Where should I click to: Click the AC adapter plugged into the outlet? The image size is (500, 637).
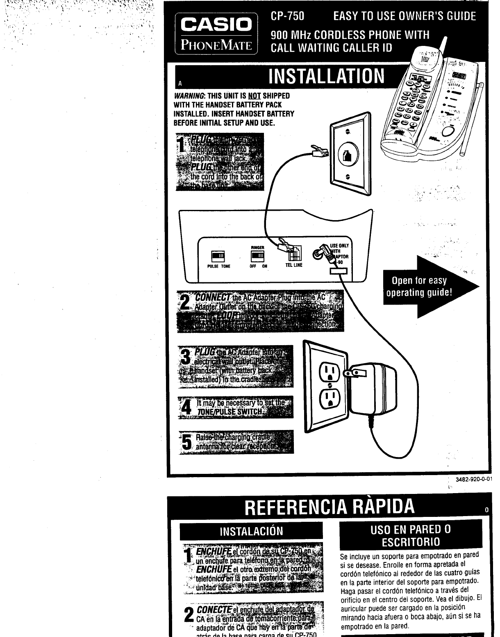pyautogui.click(x=371, y=389)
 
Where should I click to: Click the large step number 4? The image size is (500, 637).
pyautogui.click(x=186, y=407)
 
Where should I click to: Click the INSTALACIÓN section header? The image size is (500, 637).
pyautogui.click(x=251, y=532)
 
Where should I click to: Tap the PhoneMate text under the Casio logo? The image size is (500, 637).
pyautogui.click(x=216, y=45)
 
